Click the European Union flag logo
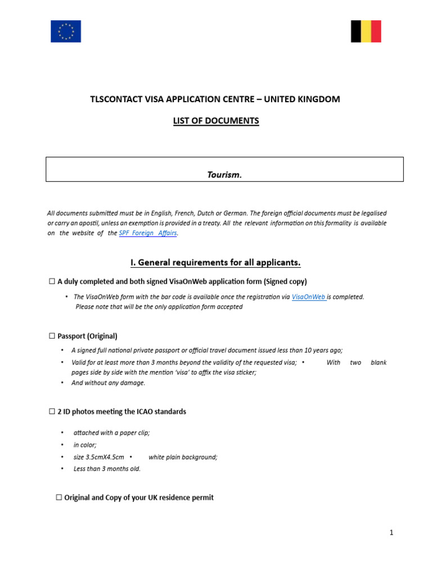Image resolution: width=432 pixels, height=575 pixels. [x=66, y=31]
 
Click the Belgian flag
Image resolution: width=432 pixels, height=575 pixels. [x=366, y=31]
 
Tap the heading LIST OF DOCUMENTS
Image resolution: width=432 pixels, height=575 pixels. [x=216, y=121]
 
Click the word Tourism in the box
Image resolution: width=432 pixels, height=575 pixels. [x=224, y=175]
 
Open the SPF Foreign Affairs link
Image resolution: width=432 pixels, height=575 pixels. [x=148, y=234]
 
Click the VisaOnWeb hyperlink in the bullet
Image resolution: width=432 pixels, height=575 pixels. [x=309, y=297]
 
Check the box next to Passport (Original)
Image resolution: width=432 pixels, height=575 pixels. [x=52, y=336]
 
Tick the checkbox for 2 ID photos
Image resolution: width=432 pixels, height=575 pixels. [x=52, y=412]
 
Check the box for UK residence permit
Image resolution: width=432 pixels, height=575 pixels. [x=59, y=498]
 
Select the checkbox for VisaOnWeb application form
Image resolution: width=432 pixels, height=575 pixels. [x=52, y=281]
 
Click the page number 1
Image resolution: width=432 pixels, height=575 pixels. [x=391, y=533]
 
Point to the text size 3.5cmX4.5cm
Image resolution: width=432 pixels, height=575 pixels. [x=98, y=457]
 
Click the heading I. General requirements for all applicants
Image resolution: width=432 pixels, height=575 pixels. [x=215, y=262]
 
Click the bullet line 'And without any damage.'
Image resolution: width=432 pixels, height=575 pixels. [x=108, y=383]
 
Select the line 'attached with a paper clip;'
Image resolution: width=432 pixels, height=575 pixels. [x=111, y=432]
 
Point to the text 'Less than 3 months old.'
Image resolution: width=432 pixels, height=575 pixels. [x=107, y=469]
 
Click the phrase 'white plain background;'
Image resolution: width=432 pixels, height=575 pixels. [x=183, y=457]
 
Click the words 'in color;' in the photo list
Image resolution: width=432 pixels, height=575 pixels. [x=85, y=445]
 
